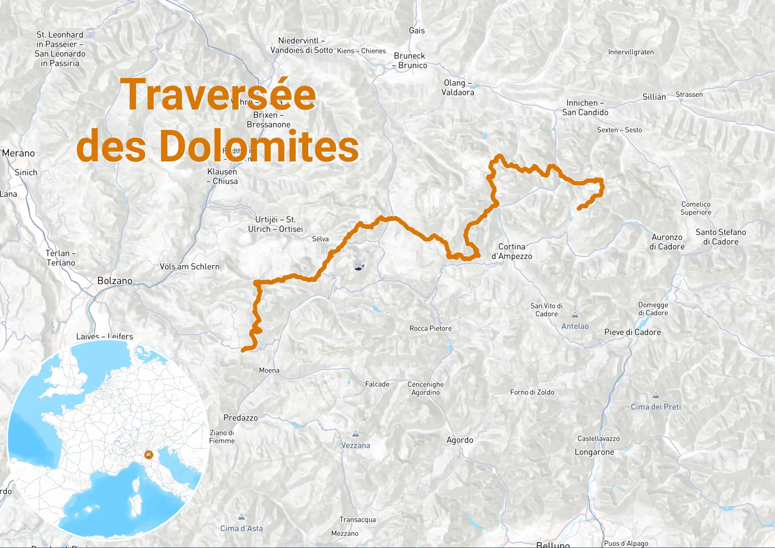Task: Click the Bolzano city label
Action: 114,281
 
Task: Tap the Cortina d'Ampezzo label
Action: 512,251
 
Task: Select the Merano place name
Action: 18,153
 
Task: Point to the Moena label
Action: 269,370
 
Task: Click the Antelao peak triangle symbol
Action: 575,315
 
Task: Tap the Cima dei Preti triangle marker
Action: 656,396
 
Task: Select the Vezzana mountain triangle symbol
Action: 355,434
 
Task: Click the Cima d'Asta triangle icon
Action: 241,517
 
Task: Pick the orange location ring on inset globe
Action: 149,455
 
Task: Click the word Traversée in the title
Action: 218,95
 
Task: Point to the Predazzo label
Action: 241,418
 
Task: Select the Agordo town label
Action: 460,440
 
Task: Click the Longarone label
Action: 594,452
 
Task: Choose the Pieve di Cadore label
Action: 632,332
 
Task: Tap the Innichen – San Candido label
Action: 585,107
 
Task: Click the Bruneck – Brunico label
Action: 410,60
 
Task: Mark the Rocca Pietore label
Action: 430,328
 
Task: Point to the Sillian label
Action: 654,97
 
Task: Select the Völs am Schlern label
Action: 189,267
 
